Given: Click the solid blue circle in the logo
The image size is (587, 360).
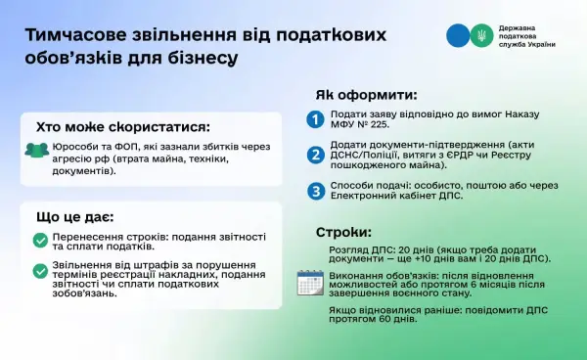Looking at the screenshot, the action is [x=458, y=35].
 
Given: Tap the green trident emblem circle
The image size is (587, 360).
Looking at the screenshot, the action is [x=481, y=35].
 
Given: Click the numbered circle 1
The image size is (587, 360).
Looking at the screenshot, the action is [x=315, y=119].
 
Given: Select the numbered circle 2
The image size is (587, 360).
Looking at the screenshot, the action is [x=316, y=155].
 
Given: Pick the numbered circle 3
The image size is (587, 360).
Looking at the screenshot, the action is [x=316, y=191].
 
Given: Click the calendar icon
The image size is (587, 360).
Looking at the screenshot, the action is [x=310, y=283].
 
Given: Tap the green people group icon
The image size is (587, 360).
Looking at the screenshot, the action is [x=37, y=150].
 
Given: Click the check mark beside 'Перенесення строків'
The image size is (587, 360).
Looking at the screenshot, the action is [x=40, y=241].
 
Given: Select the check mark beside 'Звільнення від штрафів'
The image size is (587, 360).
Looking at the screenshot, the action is [x=40, y=271].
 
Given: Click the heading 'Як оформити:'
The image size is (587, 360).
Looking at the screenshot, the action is [x=367, y=95].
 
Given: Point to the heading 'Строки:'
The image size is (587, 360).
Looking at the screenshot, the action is [x=343, y=233].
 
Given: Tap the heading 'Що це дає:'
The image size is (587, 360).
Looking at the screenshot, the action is [x=75, y=217].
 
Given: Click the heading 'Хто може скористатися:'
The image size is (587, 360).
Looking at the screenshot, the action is [x=123, y=127].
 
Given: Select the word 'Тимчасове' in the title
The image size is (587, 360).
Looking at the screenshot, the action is [x=75, y=35].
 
